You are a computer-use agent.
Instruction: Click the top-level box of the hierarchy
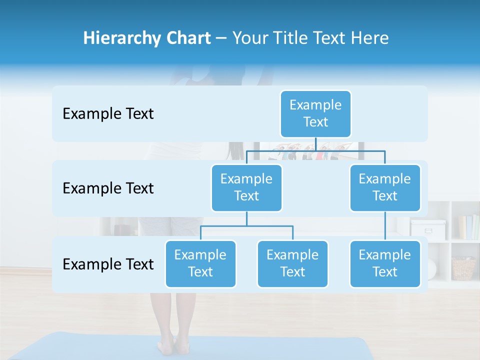315,113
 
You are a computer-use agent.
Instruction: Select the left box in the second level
246,187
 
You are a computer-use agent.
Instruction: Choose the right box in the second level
385,187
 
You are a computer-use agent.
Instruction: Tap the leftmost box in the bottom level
200,263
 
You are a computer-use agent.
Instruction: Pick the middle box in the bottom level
292,263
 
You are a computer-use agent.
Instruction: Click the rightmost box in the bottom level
385,263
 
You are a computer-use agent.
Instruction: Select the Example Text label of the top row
108,114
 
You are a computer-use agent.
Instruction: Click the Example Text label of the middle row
108,188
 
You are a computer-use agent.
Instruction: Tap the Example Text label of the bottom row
108,264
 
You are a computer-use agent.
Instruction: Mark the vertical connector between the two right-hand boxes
385,226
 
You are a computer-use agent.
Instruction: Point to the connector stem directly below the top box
315,143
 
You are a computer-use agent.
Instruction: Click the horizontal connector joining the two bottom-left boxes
246,226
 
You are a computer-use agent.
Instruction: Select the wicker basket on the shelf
463,268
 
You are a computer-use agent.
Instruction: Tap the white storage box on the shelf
428,229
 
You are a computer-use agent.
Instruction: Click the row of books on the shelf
468,227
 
